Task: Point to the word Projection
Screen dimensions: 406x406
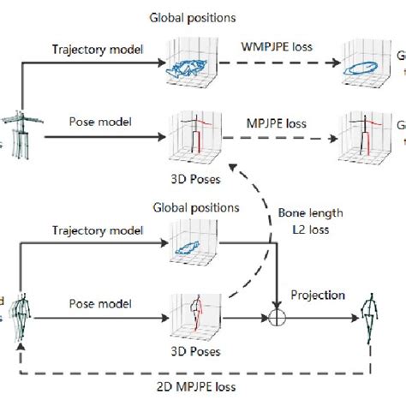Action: (x=318, y=295)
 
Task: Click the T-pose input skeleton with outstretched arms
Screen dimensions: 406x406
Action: (x=17, y=129)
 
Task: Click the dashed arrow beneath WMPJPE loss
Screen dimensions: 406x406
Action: (x=278, y=62)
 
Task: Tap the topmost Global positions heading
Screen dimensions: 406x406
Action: (x=194, y=16)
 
